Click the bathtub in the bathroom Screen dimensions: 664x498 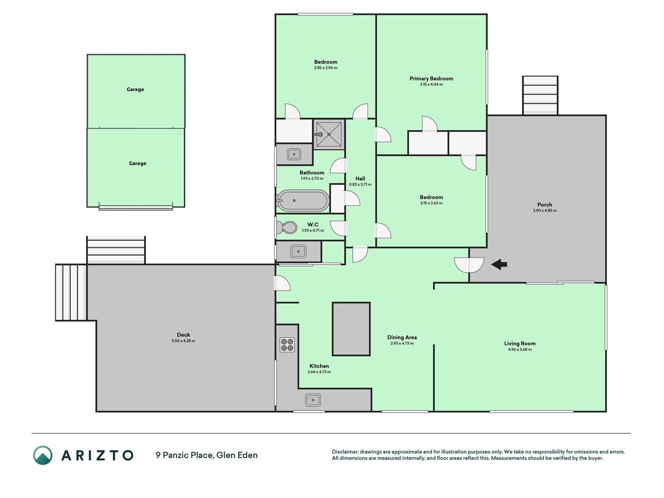pos(303,201)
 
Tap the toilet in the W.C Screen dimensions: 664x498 pos(287,228)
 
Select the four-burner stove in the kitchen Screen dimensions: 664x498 pos(287,345)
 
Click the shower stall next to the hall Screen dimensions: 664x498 pos(329,134)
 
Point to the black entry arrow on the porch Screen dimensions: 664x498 pos(499,265)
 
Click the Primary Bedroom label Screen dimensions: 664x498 pos(431,79)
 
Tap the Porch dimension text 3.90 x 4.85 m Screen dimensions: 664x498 pos(545,210)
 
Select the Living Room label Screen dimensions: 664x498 pos(520,344)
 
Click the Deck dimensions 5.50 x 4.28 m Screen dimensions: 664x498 pos(183,341)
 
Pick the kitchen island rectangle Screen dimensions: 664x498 pos(351,329)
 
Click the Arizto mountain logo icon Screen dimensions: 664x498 pos(42,455)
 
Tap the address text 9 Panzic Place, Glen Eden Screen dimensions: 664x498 pos(207,455)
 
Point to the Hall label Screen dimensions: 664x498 pos(360,179)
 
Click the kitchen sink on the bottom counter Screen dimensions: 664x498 pos(313,400)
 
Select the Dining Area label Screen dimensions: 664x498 pos(402,337)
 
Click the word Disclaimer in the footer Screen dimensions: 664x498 pos(344,452)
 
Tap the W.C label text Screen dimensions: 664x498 pos(313,224)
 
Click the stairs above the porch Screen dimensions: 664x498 pos(540,95)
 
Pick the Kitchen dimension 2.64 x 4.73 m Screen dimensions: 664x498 pos(319,372)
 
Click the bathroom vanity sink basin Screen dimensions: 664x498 pos(294,154)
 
